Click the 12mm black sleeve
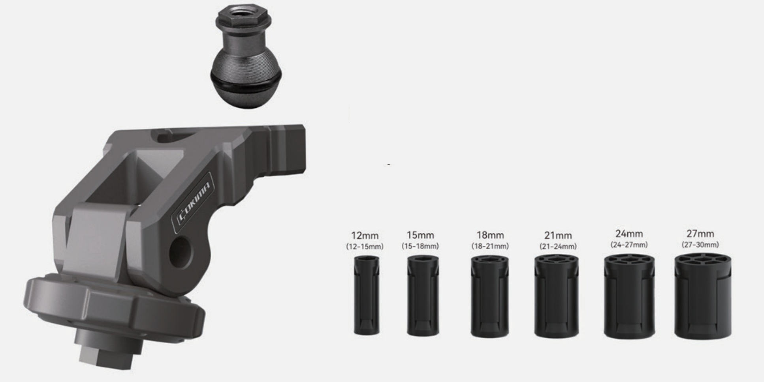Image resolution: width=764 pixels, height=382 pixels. click(367, 295)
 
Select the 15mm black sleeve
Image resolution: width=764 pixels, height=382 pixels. click(423, 295)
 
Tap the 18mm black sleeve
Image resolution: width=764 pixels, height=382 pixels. click(489, 296)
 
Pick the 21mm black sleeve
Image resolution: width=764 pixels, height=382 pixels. click(557, 296)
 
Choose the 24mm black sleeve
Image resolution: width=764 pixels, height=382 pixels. click(629, 296)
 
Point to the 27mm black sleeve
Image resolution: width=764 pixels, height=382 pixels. click(703, 296)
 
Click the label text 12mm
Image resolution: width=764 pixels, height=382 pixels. click(365, 236)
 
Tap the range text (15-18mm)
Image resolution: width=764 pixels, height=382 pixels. click(420, 246)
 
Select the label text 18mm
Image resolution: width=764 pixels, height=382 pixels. click(490, 236)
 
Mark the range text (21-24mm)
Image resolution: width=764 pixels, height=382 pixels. click(558, 246)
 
